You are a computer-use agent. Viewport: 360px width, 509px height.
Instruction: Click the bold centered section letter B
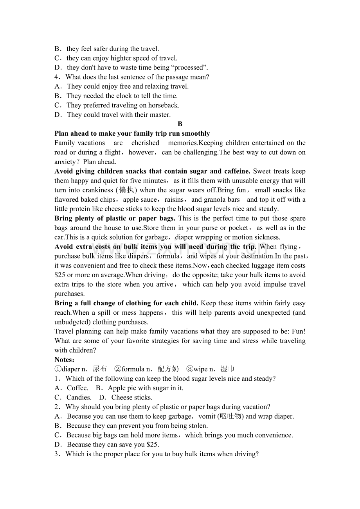pos(180,124)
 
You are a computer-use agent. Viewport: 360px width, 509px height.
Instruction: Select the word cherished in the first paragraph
pos(145,143)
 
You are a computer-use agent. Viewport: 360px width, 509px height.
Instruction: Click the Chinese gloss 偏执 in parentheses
pos(126,190)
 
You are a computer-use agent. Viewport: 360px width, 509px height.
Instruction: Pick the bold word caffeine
pos(237,171)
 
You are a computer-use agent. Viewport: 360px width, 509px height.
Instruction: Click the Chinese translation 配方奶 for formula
pos(168,369)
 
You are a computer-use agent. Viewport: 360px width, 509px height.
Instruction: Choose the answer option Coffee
pos(77,388)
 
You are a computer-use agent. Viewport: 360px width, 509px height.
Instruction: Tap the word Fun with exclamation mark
pos(298,331)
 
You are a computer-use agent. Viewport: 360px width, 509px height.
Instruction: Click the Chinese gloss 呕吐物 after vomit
pos(231,416)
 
